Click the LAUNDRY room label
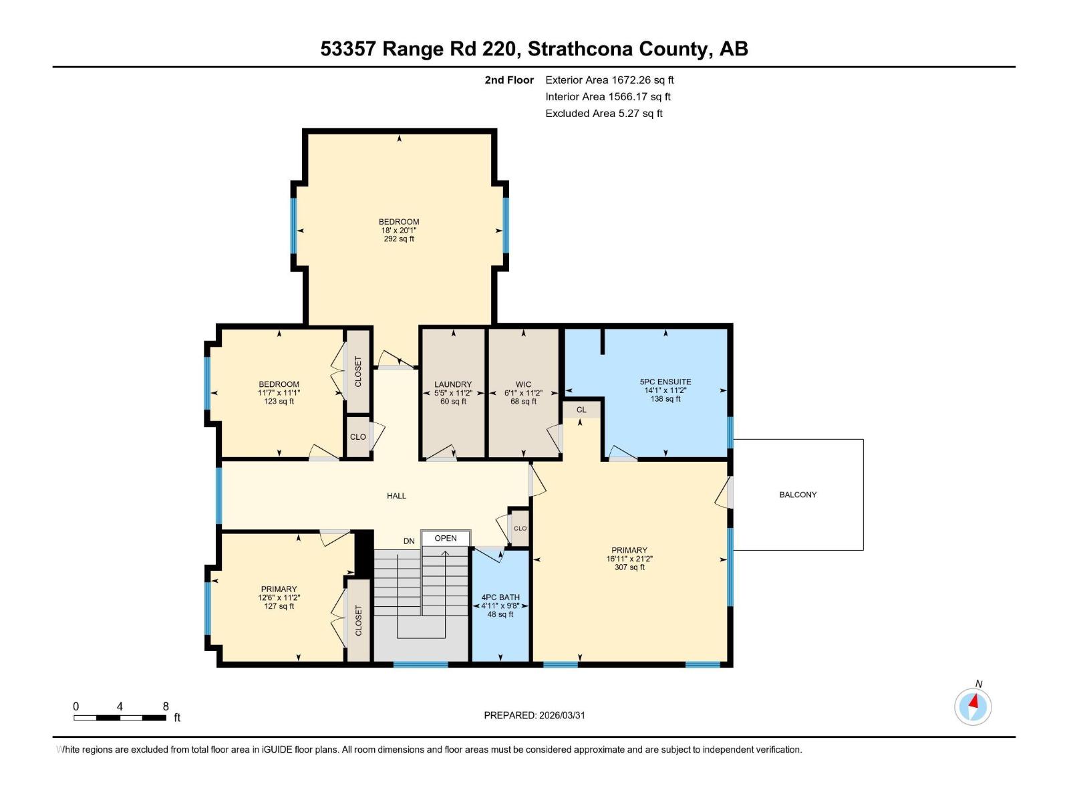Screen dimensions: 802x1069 pyautogui.click(x=453, y=384)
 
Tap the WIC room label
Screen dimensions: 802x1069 pyautogui.click(x=523, y=384)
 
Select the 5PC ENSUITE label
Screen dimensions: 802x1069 pyautogui.click(x=665, y=382)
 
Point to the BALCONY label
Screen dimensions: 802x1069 pyautogui.click(x=798, y=495)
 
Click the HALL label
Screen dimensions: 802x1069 pyautogui.click(x=396, y=496)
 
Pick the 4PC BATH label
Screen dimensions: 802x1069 pyautogui.click(x=500, y=597)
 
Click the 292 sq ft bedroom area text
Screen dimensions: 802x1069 pyautogui.click(x=399, y=239)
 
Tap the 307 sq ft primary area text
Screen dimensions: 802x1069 pyautogui.click(x=629, y=567)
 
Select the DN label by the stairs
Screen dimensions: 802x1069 pyautogui.click(x=409, y=541)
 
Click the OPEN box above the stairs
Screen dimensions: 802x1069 pyautogui.click(x=446, y=538)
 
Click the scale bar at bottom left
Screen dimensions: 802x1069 pyautogui.click(x=120, y=718)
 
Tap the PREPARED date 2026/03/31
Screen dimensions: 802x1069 pyautogui.click(x=534, y=715)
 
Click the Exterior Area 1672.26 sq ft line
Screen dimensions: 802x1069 pyautogui.click(x=609, y=80)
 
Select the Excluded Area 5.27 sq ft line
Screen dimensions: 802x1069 pyautogui.click(x=604, y=113)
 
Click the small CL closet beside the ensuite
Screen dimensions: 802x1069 pyautogui.click(x=581, y=410)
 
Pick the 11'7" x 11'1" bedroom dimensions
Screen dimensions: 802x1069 pyautogui.click(x=279, y=393)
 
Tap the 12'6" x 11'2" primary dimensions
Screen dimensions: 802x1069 pyautogui.click(x=279, y=597)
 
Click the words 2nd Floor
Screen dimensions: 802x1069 pyautogui.click(x=509, y=80)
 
